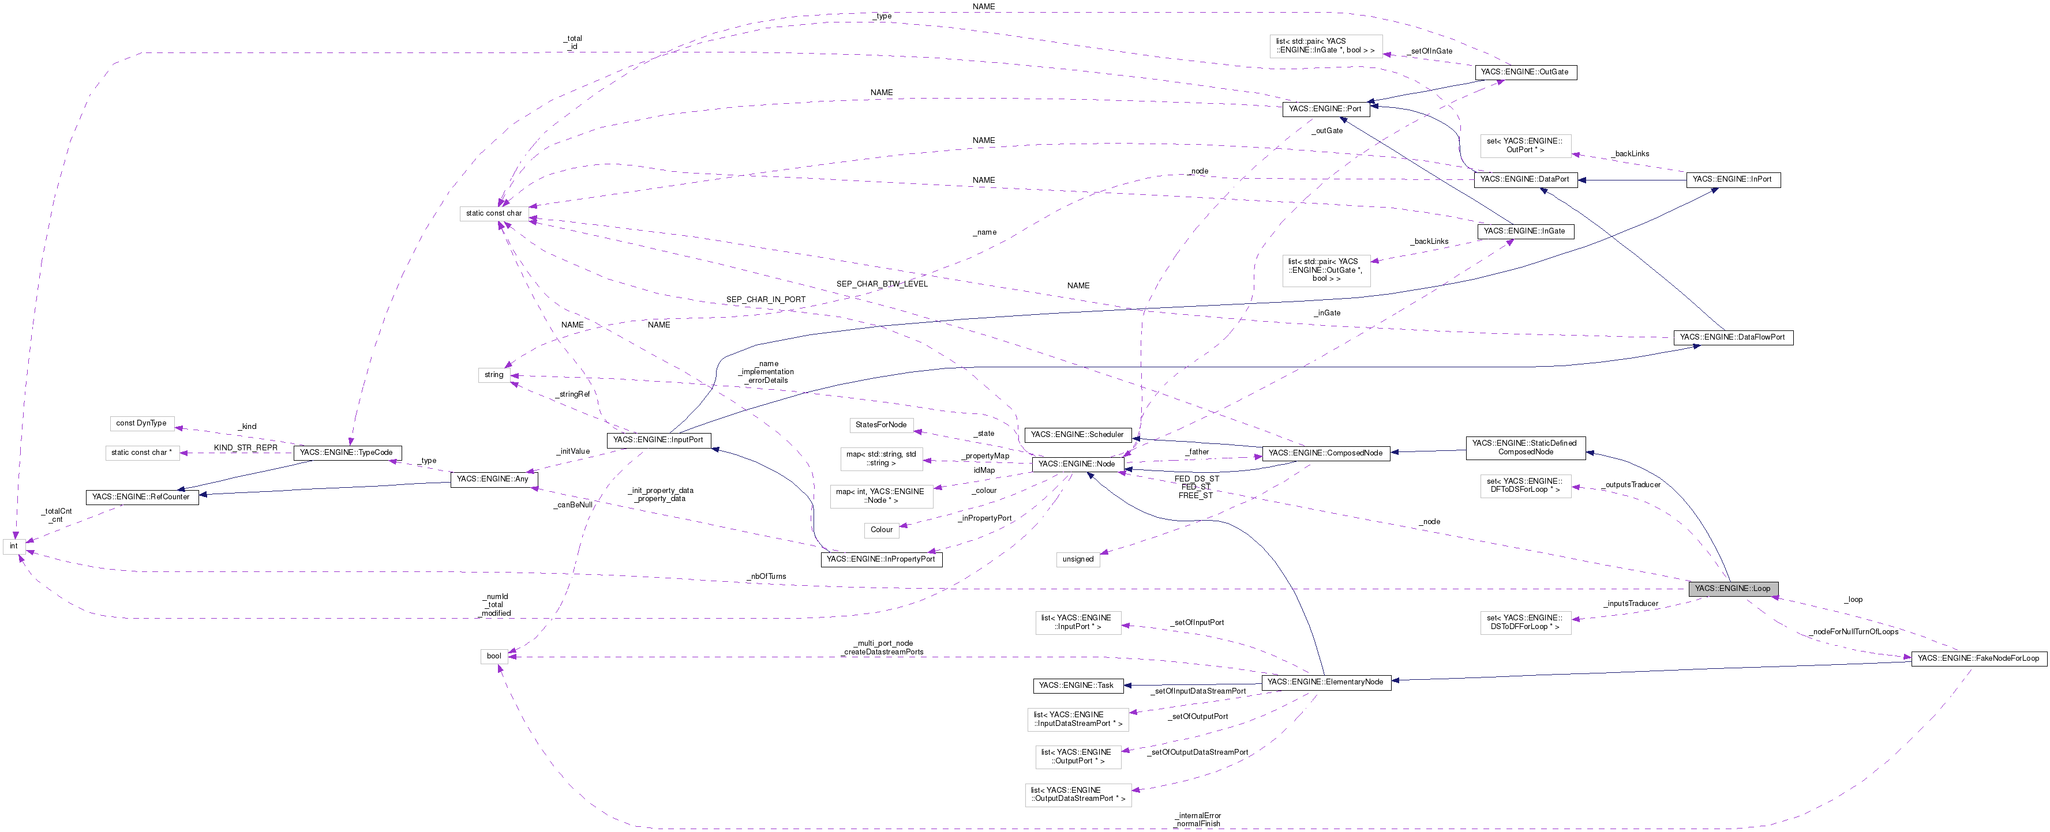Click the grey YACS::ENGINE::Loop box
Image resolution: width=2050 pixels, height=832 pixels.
click(1733, 589)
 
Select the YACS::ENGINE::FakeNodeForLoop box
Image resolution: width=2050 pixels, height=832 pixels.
click(1977, 658)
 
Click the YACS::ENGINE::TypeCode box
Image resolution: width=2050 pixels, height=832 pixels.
click(346, 453)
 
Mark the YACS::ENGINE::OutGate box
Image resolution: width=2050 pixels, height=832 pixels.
click(1524, 73)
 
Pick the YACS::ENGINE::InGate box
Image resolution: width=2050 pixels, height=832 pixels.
click(1524, 231)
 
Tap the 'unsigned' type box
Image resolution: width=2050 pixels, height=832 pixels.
click(1078, 559)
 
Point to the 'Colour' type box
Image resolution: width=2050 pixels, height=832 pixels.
click(881, 530)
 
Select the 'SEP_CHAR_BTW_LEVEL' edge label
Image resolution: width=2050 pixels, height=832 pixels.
click(882, 284)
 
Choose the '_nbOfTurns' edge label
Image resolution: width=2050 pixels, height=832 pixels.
click(767, 576)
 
